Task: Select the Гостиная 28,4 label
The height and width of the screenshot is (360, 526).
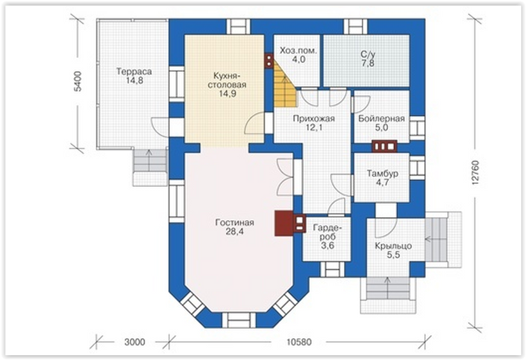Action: click(x=234, y=227)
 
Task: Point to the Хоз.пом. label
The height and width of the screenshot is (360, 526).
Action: click(x=298, y=51)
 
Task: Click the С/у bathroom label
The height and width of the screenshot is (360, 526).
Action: click(x=368, y=54)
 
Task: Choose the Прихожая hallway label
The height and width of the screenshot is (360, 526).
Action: click(x=314, y=119)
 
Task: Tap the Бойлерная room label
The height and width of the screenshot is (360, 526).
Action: click(x=381, y=119)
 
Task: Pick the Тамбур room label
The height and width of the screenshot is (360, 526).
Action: click(x=383, y=174)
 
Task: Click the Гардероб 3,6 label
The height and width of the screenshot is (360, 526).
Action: click(x=327, y=237)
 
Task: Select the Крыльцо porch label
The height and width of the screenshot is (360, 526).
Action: click(x=393, y=246)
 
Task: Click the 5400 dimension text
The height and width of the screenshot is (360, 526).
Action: click(x=78, y=81)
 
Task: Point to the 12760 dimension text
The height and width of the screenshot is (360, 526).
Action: click(x=475, y=172)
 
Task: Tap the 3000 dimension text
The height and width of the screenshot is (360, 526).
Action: click(x=135, y=342)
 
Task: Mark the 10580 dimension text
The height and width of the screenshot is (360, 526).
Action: click(x=299, y=342)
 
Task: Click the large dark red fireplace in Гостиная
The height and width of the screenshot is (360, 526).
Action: click(x=284, y=223)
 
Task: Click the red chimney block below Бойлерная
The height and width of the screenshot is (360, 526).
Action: click(x=384, y=147)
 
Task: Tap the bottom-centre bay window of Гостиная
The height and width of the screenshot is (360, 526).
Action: click(x=239, y=320)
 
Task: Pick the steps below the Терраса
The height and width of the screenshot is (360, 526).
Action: click(x=150, y=167)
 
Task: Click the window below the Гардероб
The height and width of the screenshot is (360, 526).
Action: click(x=333, y=269)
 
